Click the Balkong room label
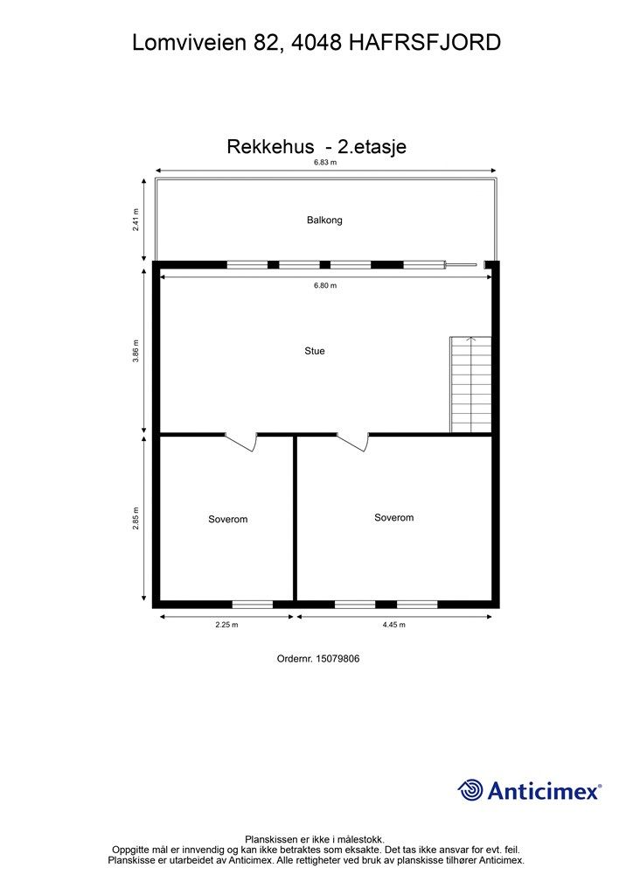point(324,220)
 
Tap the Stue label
point(315,351)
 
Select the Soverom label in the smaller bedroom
point(227,520)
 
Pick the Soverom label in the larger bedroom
point(393,517)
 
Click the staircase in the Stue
point(470,385)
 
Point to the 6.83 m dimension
point(325,163)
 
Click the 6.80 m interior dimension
point(325,285)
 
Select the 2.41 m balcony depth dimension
point(136,219)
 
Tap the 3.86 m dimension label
point(136,351)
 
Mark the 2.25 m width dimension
point(226,625)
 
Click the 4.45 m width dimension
point(393,625)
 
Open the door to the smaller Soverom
point(241,442)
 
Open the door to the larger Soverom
point(353,442)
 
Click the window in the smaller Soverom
point(252,603)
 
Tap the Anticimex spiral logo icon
point(470,790)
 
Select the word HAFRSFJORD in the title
point(425,41)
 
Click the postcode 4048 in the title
point(315,41)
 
